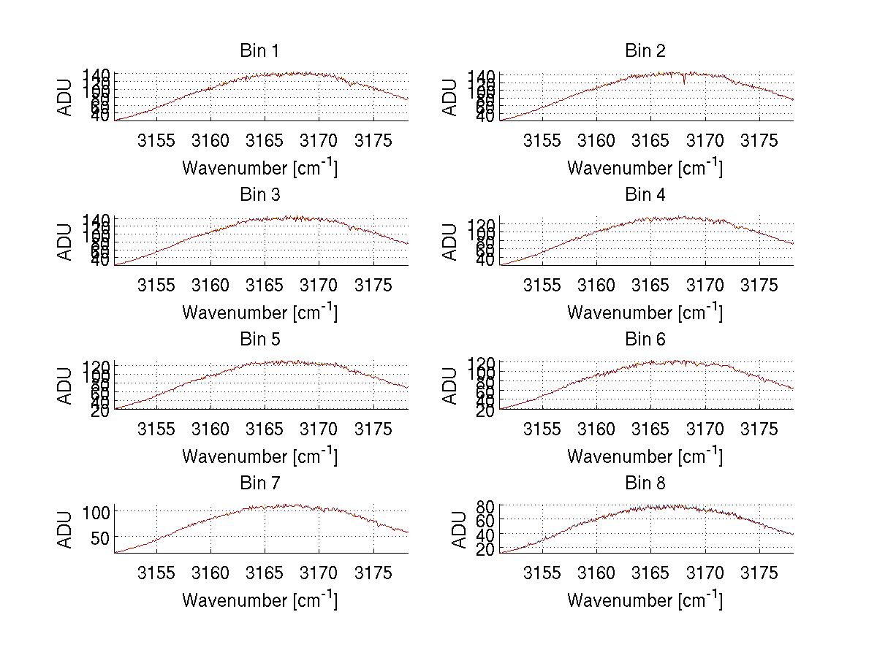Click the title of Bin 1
coord(259,51)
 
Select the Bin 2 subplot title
coord(645,51)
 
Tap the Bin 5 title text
coord(259,340)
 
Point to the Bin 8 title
coord(645,483)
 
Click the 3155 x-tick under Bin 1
coord(156,141)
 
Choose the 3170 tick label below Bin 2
coord(705,141)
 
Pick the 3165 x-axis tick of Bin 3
coord(265,285)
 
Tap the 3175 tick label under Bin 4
coord(759,285)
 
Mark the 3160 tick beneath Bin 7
coord(210,573)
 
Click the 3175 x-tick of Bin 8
coord(759,573)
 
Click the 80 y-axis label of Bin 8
coord(486,505)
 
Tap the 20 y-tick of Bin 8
coord(486,550)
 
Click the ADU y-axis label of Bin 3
coord(66,241)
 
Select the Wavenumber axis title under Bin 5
coord(259,456)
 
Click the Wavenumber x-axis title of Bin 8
coord(645,600)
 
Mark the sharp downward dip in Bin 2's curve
coord(684,81)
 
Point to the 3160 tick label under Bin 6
coord(596,429)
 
